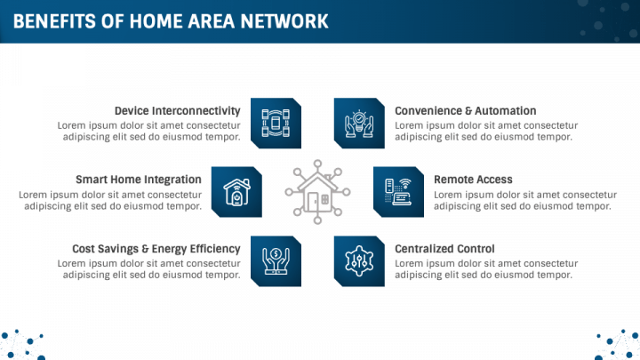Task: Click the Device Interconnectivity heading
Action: (177, 111)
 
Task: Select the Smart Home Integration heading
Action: (138, 180)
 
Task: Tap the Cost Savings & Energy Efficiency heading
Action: (156, 249)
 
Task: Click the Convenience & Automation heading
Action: (465, 111)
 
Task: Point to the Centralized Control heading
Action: (444, 249)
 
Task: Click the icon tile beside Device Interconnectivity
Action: (276, 123)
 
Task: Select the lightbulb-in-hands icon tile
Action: (359, 123)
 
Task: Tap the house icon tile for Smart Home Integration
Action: (236, 191)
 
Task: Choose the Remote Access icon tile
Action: (398, 191)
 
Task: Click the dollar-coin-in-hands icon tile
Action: (276, 260)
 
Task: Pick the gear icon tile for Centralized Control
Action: (359, 260)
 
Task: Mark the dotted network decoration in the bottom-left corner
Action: (21, 345)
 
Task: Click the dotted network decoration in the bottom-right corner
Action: (618, 345)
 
